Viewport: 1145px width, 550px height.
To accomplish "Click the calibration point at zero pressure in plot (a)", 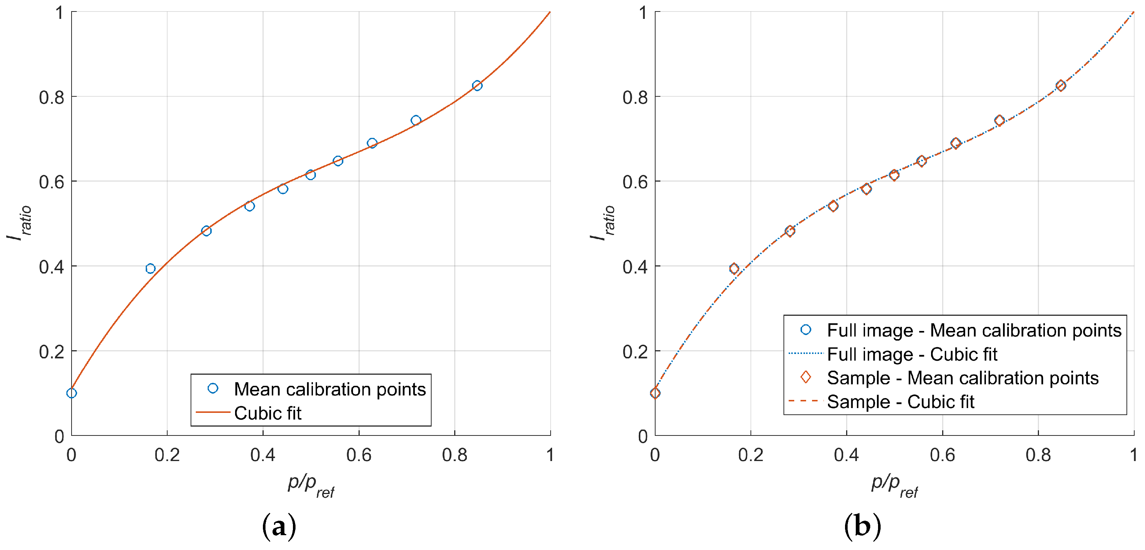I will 72,393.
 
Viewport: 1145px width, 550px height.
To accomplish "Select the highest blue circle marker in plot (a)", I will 477,86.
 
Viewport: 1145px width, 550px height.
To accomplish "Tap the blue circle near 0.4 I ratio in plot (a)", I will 150,268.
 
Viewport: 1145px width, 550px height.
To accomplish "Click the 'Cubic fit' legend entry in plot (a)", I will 268,413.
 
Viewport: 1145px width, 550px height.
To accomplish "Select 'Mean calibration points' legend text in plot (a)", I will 329,389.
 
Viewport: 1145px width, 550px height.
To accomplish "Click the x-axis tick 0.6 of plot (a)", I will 358,455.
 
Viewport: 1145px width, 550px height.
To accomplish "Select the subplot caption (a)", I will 279,526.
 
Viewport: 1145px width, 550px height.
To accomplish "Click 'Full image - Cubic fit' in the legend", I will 912,354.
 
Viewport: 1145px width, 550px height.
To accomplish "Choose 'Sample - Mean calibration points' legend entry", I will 962,378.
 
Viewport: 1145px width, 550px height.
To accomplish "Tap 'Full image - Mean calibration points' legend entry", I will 974,331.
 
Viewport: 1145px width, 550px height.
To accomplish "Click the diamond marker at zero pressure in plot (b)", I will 655,393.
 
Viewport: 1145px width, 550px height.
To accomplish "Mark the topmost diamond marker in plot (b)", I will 1060,86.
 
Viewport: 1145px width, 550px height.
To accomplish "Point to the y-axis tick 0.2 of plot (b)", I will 635,351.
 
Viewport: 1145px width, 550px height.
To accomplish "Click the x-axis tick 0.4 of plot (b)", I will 846,455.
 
